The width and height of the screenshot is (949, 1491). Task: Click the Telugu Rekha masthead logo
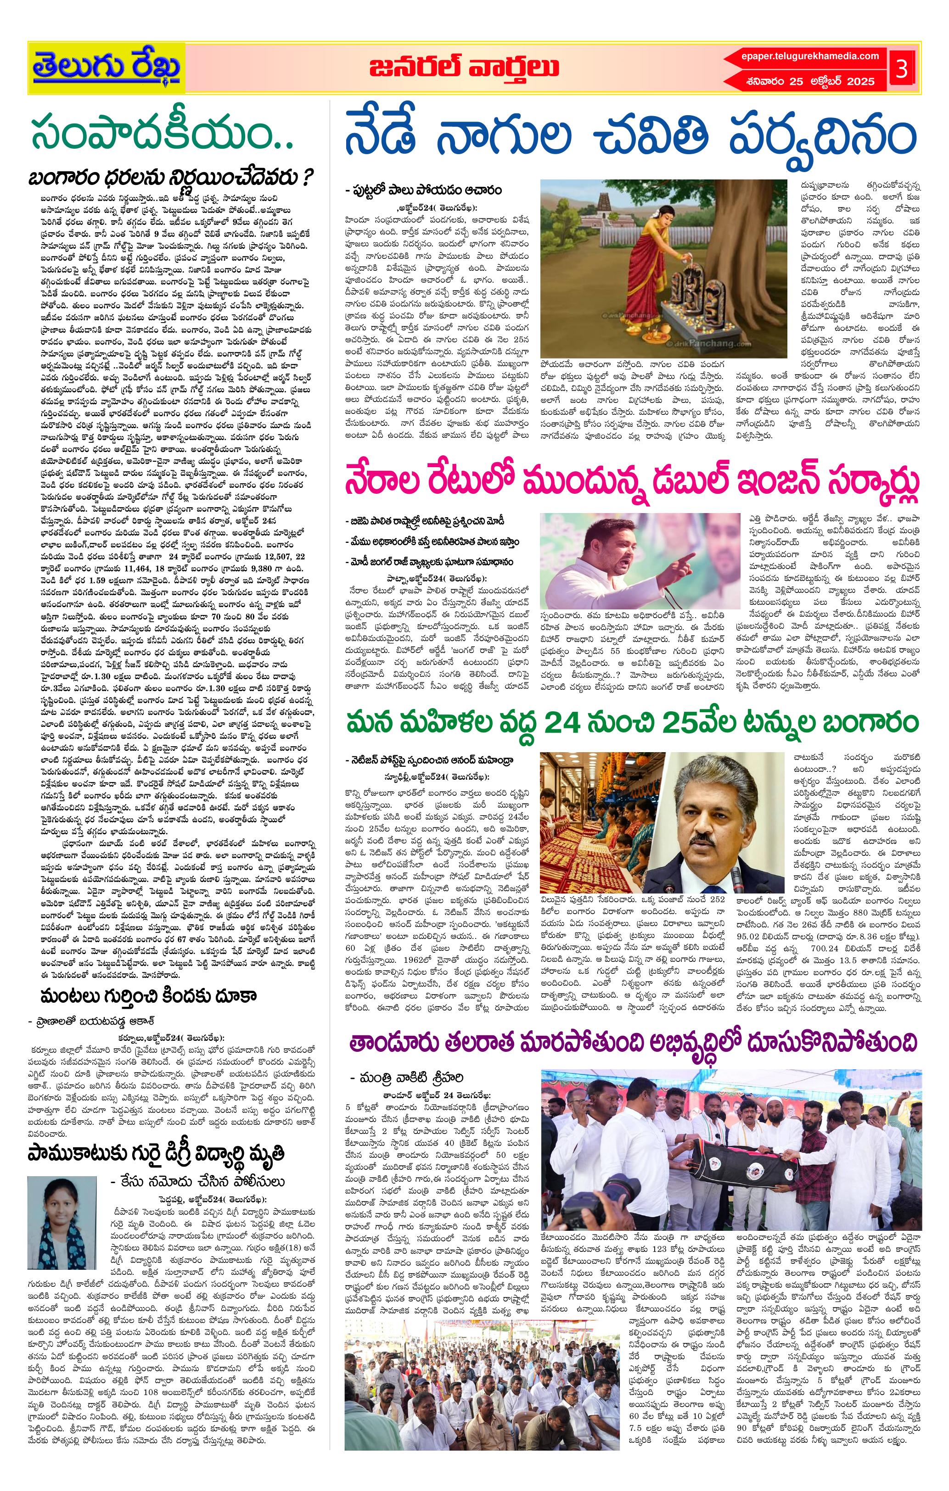[107, 67]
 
